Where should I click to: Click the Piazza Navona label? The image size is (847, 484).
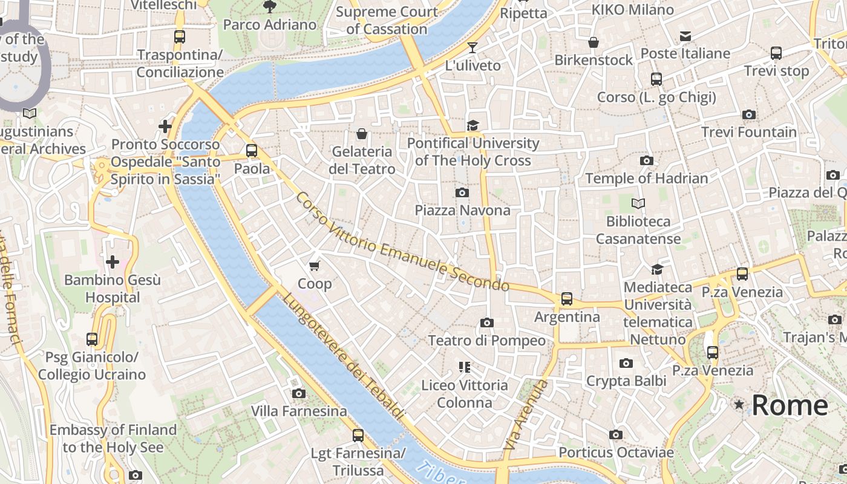pyautogui.click(x=462, y=211)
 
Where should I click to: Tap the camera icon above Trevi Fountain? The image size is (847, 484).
pyautogui.click(x=748, y=114)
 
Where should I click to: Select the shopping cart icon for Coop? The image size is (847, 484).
pyautogui.click(x=314, y=266)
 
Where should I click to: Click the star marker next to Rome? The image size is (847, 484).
pyautogui.click(x=739, y=405)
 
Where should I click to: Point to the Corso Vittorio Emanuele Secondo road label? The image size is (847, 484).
pyautogui.click(x=402, y=242)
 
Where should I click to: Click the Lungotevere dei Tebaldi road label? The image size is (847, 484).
pyautogui.click(x=342, y=357)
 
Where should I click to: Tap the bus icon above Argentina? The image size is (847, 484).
pyautogui.click(x=566, y=298)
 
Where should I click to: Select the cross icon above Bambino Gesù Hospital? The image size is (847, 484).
pyautogui.click(x=112, y=262)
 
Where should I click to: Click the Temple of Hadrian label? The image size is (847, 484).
pyautogui.click(x=646, y=178)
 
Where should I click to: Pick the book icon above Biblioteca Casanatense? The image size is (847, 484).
pyautogui.click(x=638, y=203)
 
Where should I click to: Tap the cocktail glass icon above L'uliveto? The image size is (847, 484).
pyautogui.click(x=473, y=47)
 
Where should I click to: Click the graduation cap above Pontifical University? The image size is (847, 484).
pyautogui.click(x=473, y=125)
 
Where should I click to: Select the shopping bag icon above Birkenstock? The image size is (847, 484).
pyautogui.click(x=594, y=42)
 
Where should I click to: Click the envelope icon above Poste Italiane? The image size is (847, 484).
pyautogui.click(x=685, y=36)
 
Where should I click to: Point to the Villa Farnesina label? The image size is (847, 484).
pyautogui.click(x=299, y=411)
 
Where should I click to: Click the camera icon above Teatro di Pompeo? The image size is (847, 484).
pyautogui.click(x=486, y=322)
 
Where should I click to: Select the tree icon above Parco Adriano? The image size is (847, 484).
pyautogui.click(x=269, y=7)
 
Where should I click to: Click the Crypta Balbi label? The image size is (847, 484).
pyautogui.click(x=626, y=381)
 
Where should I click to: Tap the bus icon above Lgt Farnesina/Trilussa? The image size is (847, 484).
pyautogui.click(x=358, y=435)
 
